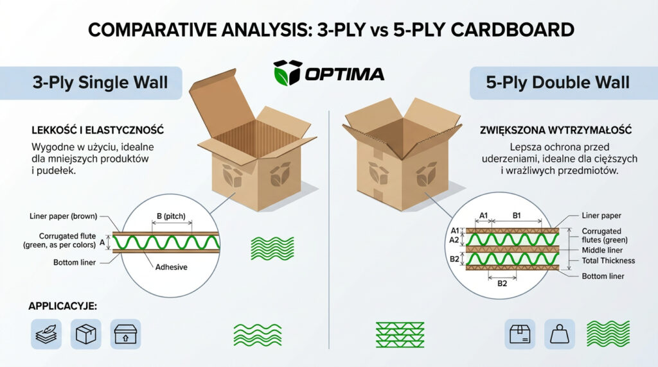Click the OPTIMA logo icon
click(287, 73)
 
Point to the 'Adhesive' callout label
click(172, 267)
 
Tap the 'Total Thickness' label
click(608, 260)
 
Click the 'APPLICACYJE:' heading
click(62, 306)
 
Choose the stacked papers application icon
click(46, 334)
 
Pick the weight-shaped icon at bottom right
click(560, 334)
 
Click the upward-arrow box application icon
click(125, 334)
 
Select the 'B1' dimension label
click(515, 216)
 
